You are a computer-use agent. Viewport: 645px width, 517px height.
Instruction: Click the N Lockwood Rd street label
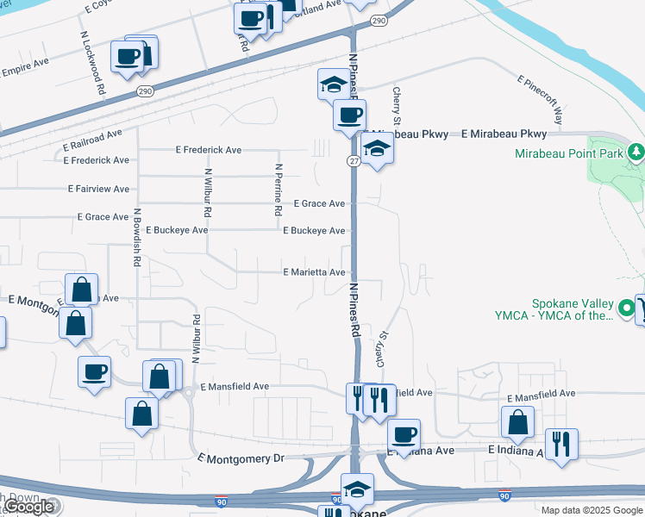tap(91, 63)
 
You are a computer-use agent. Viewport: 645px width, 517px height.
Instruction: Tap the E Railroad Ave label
tap(89, 139)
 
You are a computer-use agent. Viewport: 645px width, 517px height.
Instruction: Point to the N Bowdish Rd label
tap(137, 237)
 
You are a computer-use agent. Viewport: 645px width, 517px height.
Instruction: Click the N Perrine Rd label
tap(278, 190)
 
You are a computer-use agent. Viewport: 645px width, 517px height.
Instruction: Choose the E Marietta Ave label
tap(315, 272)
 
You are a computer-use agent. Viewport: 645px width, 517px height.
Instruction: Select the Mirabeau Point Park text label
tap(568, 154)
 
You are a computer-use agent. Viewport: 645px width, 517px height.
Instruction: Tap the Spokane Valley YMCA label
tap(572, 309)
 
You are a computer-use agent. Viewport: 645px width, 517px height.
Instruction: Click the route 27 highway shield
tap(354, 160)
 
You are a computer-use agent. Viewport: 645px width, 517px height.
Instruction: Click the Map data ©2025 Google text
tap(592, 509)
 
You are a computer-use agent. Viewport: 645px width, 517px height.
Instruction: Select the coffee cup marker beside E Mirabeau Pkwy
tap(349, 115)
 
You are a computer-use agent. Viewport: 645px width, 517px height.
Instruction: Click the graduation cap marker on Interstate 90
tap(357, 489)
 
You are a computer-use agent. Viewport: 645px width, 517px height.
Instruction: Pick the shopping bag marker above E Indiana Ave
tap(517, 422)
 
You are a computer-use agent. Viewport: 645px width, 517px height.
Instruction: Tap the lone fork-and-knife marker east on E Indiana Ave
tap(562, 444)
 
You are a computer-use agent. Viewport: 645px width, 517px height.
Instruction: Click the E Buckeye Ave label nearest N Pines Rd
tap(315, 231)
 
